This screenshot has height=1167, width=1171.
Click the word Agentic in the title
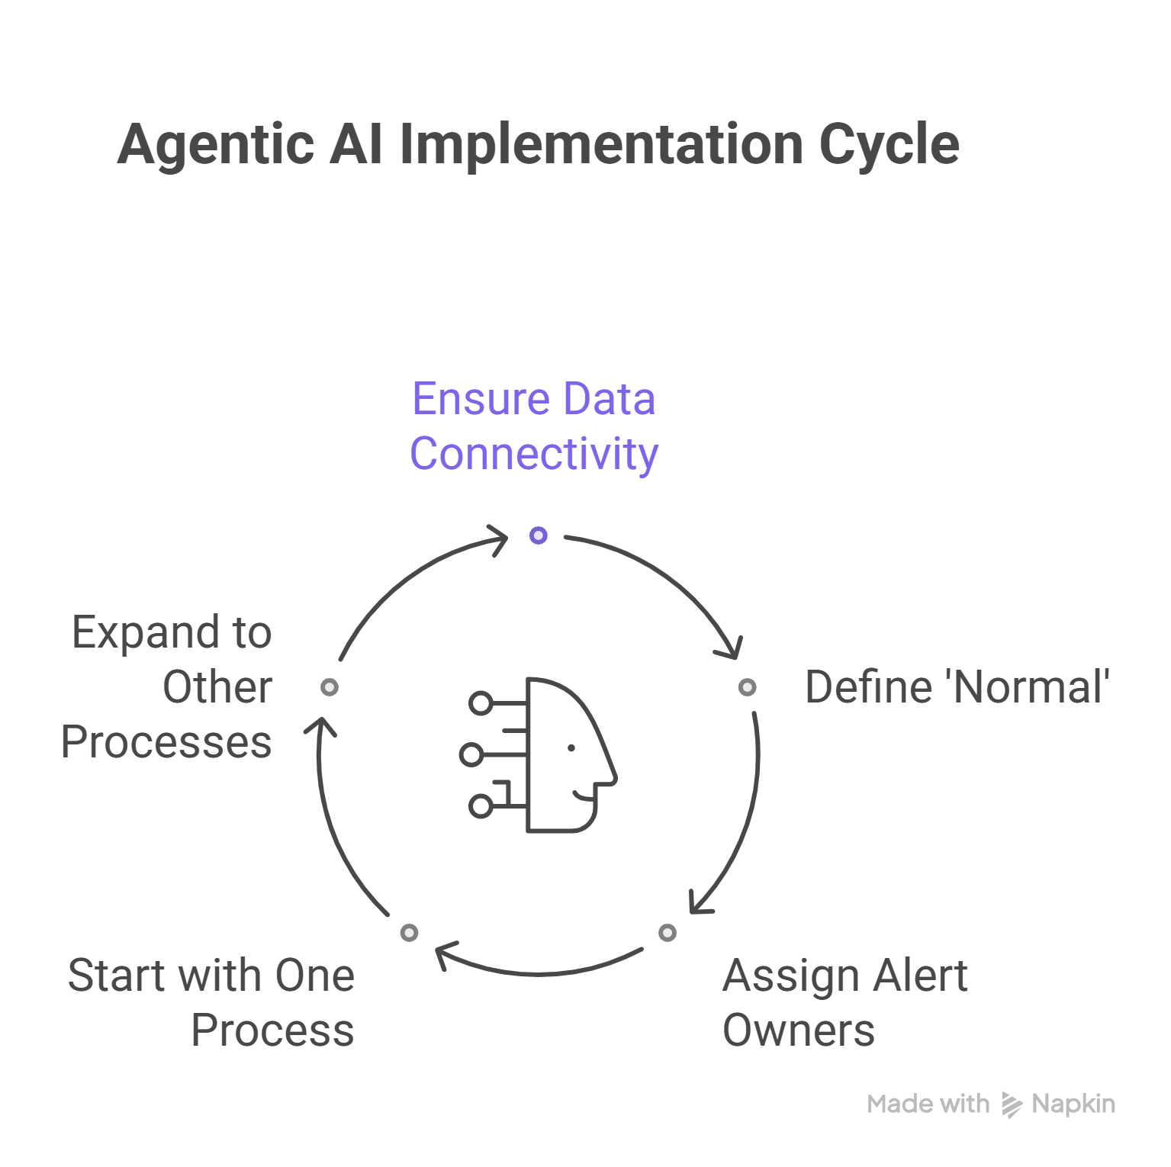point(216,145)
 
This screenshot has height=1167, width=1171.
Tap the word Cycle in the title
point(889,145)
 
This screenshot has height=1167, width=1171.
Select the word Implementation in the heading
point(600,145)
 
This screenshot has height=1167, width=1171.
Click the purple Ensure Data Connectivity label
point(534,426)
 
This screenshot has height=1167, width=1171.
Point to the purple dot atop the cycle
point(539,535)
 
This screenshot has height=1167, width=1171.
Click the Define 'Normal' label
point(957,687)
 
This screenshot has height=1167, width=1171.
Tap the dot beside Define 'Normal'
point(748,687)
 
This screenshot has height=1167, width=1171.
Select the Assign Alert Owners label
point(844,1002)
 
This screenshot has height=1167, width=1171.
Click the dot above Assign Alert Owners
point(668,933)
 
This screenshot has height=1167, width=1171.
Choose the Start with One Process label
point(211,1002)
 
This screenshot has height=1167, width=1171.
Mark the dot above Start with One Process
point(410,933)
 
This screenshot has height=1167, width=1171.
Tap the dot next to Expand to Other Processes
point(330,687)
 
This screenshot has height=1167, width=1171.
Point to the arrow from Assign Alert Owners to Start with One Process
point(539,972)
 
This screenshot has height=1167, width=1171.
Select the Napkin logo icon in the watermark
point(1011,1104)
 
